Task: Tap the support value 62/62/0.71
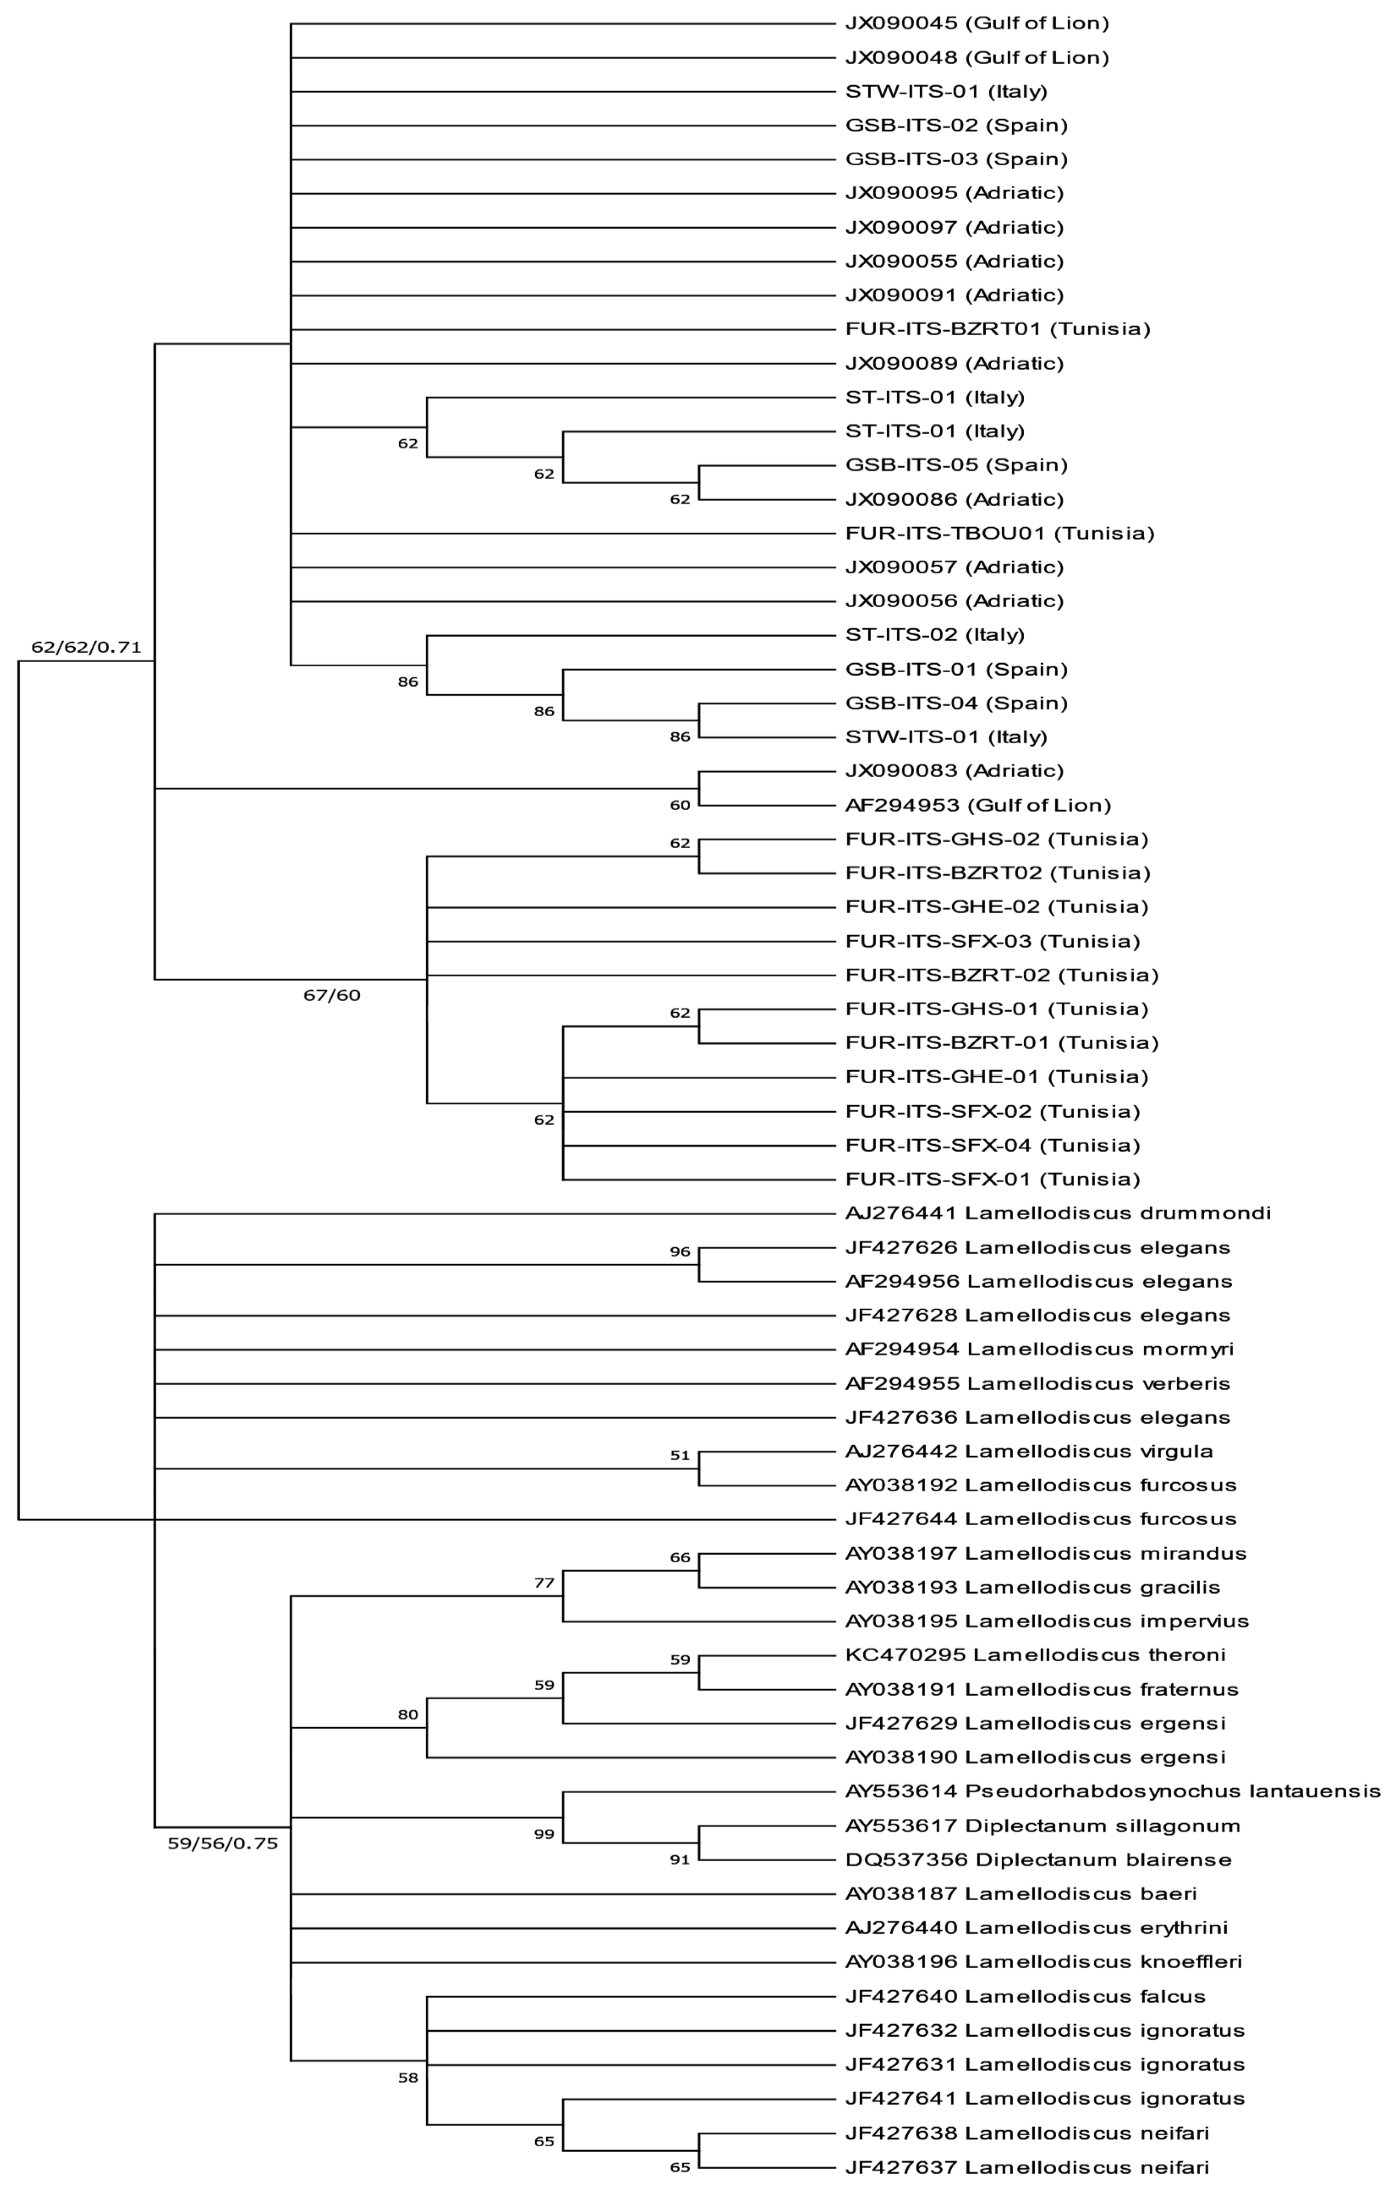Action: pos(87,647)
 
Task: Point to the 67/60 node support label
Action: pos(332,995)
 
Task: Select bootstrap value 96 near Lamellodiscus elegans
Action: pos(680,1252)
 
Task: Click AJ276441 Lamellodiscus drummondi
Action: pos(1058,1214)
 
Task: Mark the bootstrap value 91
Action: pos(680,1860)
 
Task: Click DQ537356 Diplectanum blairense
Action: pos(1038,1860)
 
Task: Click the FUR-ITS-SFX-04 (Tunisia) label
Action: pos(992,1145)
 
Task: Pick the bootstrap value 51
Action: pos(680,1455)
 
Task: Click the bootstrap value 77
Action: pos(544,1583)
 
